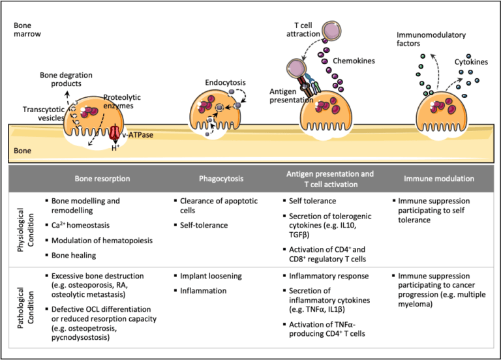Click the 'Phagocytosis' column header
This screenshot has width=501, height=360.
click(220, 177)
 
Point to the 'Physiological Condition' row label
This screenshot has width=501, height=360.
click(26, 226)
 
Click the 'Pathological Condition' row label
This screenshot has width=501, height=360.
click(26, 306)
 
